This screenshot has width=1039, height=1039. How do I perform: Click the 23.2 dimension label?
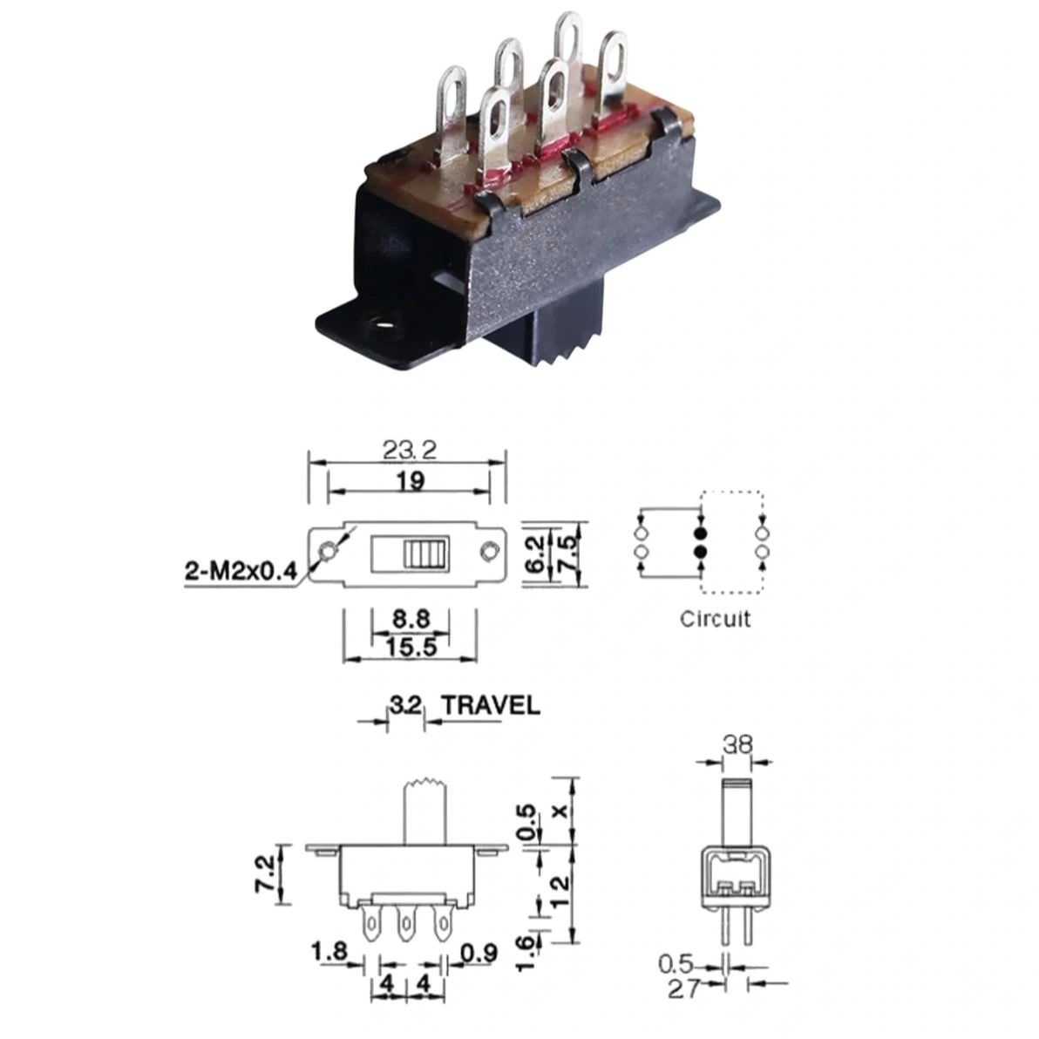[410, 450]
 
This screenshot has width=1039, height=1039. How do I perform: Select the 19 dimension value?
[411, 481]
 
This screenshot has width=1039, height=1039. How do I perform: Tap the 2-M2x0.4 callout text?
[241, 571]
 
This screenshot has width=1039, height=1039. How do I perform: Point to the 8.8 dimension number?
[411, 619]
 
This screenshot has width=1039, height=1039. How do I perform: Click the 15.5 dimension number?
[411, 647]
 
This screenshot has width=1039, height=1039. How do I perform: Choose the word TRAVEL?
[491, 705]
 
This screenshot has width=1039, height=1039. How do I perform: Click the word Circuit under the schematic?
[715, 619]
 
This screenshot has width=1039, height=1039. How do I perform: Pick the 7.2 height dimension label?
[266, 874]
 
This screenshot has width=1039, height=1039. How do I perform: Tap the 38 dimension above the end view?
[737, 744]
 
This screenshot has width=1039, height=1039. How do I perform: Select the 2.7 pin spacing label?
[684, 989]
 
